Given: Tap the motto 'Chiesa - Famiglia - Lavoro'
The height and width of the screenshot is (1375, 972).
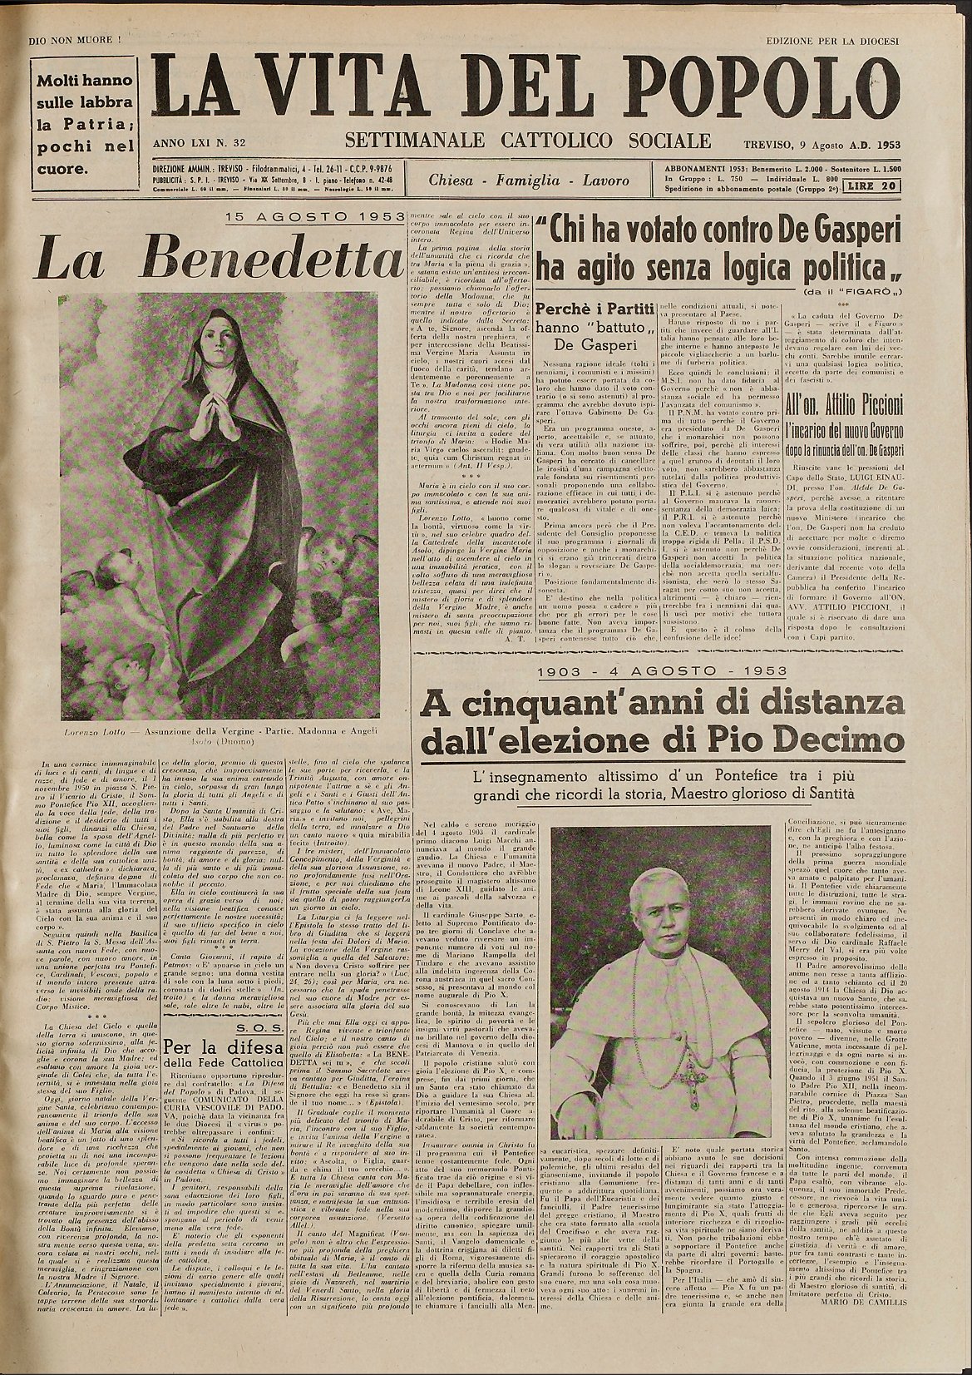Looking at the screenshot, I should click(x=529, y=181).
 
